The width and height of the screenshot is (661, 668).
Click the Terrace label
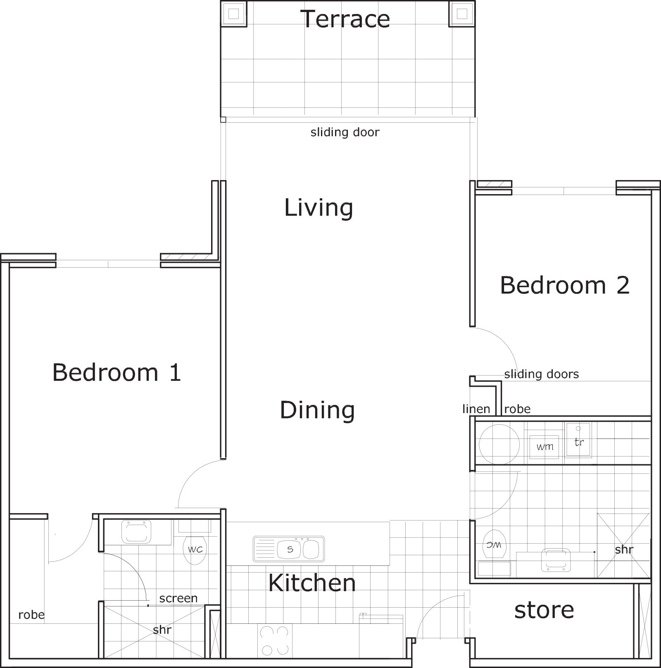(x=345, y=19)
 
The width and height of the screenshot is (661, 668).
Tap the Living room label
(x=319, y=208)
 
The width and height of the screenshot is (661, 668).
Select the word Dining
(x=317, y=410)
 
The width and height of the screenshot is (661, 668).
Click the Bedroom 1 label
(x=117, y=372)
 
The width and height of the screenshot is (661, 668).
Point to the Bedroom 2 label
(x=565, y=285)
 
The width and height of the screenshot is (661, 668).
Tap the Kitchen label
(x=312, y=583)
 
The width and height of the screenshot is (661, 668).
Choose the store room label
(x=544, y=610)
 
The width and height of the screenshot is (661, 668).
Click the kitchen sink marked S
(x=289, y=549)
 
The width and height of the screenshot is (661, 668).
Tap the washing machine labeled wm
(x=545, y=445)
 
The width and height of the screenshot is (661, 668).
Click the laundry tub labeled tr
(x=578, y=440)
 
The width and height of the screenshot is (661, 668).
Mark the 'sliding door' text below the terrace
(x=345, y=132)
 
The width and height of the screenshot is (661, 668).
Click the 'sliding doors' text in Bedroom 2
(x=541, y=374)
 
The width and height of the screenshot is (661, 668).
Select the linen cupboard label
(x=476, y=409)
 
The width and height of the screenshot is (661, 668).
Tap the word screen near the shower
(x=178, y=599)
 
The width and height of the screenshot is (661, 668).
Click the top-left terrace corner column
(x=234, y=14)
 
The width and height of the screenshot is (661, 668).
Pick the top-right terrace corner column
(x=462, y=14)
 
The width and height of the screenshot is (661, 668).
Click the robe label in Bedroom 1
(x=31, y=615)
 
